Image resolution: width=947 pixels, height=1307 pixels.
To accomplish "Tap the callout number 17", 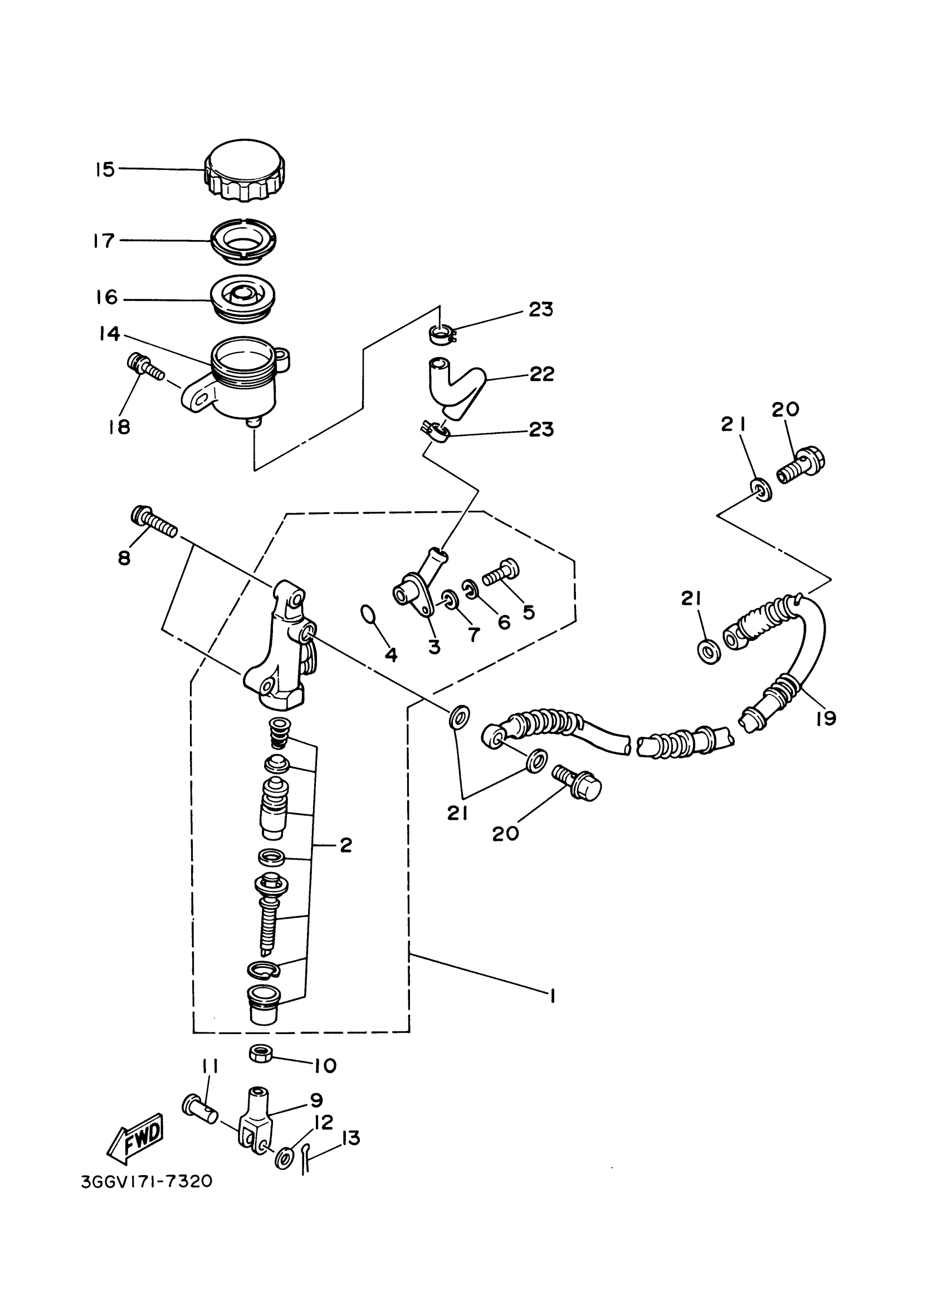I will point(104,241).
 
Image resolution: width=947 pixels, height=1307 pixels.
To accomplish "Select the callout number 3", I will point(434,647).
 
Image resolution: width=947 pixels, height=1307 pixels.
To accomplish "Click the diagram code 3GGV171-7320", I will point(147,1182).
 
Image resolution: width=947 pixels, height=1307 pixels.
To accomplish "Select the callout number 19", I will point(826,718).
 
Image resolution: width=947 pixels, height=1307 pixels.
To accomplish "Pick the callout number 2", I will point(345,845).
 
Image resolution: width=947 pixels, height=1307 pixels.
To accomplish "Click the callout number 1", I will point(552,996).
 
